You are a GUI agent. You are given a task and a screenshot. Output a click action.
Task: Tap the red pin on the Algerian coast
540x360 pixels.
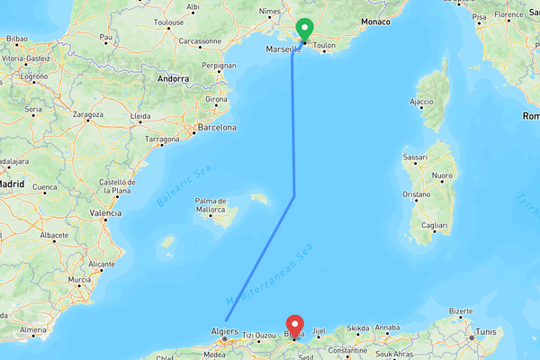pyautogui.click(x=294, y=325)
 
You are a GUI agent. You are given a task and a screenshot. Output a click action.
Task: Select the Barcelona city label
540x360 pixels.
pyautogui.click(x=216, y=128)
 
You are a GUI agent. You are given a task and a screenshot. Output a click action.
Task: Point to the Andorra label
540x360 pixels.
pyautogui.click(x=172, y=78)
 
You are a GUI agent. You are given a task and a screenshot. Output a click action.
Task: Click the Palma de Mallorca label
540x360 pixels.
pyautogui.click(x=210, y=204)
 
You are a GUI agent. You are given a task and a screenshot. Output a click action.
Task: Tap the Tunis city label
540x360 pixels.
pyautogui.click(x=485, y=330)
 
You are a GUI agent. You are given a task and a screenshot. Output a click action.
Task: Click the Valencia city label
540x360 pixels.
pyautogui.click(x=105, y=213)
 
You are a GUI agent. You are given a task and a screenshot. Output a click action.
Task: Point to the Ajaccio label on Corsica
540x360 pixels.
pyautogui.click(x=423, y=102)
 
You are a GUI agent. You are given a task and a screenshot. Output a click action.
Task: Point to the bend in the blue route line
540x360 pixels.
pyautogui.click(x=295, y=194)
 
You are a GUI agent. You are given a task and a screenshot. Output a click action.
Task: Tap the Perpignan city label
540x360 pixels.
pyautogui.click(x=219, y=66)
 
